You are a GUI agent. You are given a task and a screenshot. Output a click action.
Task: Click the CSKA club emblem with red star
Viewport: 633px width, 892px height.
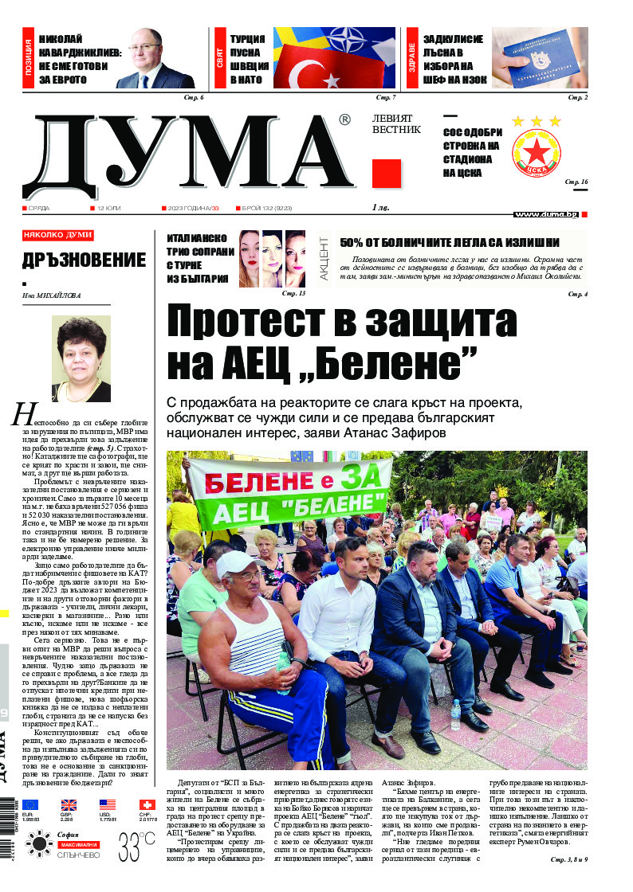(x=536, y=152)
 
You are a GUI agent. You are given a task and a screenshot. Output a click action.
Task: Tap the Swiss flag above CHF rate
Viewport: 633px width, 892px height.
(x=147, y=805)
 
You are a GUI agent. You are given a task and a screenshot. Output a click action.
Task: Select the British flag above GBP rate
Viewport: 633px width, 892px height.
(x=69, y=805)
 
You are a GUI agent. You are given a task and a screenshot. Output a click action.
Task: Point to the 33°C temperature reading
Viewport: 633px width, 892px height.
(x=136, y=844)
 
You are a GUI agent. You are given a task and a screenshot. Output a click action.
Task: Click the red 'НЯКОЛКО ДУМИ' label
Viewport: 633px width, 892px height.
(x=57, y=236)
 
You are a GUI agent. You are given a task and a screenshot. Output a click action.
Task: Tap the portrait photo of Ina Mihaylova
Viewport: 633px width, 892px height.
(x=81, y=358)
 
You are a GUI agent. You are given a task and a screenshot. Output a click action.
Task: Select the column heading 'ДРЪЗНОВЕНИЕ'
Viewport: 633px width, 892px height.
(x=84, y=260)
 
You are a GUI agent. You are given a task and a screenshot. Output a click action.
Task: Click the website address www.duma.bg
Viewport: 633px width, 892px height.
(x=546, y=214)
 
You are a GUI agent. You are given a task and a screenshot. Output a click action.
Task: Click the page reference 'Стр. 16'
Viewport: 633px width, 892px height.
(x=576, y=182)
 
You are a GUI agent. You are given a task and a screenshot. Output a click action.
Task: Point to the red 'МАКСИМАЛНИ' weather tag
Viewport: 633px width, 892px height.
(x=77, y=843)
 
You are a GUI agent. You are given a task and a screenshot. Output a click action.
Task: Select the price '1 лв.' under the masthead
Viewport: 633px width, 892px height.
(x=381, y=208)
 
